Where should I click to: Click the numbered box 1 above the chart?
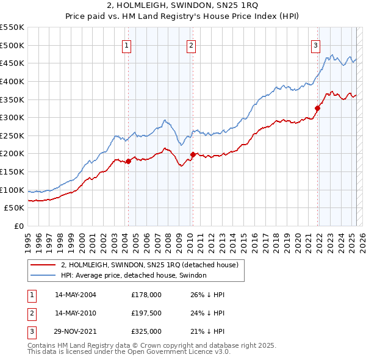coord(126,45)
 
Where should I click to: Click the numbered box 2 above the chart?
coord(191,45)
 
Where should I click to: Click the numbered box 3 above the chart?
coord(315,45)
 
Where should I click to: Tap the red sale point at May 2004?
coord(128,161)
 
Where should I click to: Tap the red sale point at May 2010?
coord(193,154)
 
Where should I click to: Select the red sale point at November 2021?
coord(318,109)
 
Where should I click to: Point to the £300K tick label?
coord(12,117)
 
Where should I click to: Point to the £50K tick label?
coord(15,208)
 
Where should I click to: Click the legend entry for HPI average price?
coord(134,275)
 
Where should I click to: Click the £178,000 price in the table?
coord(146,294)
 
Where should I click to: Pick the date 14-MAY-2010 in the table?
coord(75,314)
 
